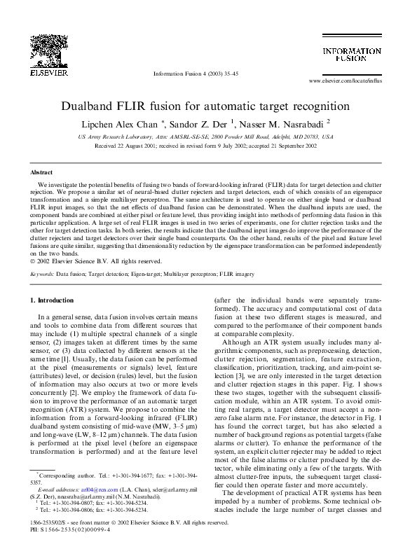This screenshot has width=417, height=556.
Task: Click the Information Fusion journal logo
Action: point(351,55)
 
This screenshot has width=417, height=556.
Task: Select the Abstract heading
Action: point(41,172)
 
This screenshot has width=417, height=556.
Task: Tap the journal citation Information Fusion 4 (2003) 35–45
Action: point(196,74)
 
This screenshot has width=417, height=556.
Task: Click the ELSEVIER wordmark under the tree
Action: point(43,72)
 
